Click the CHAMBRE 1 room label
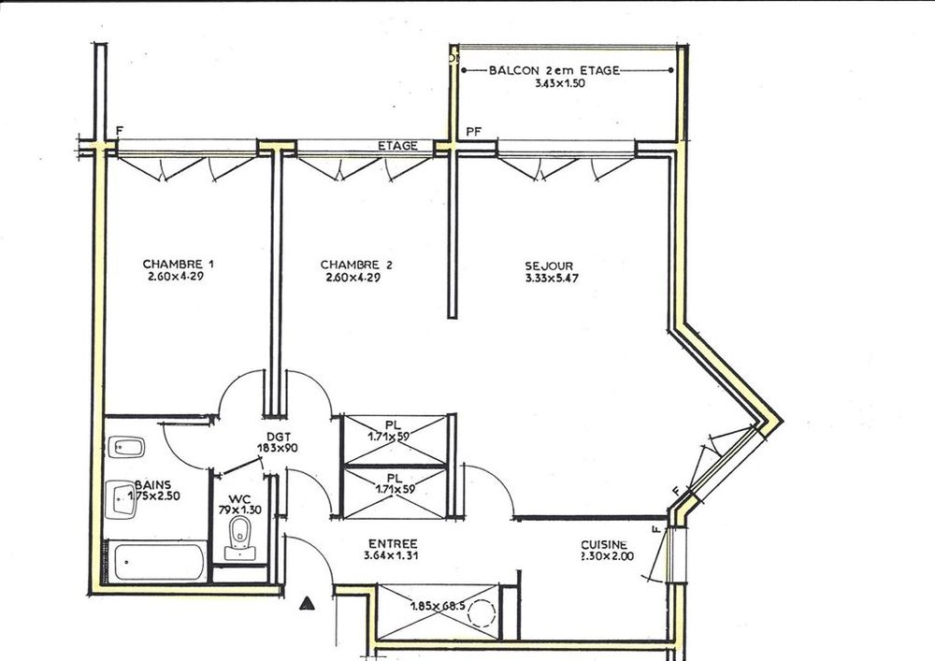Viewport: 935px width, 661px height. pos(179,264)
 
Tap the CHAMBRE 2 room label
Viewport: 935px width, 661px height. pos(356,265)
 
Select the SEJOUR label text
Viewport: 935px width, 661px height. pos(549,266)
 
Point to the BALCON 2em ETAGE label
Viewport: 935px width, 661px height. pos(554,70)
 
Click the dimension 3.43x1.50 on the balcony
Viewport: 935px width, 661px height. pos(560,83)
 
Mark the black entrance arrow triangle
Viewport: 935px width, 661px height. pos(307,604)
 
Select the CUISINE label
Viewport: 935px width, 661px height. pos(604,545)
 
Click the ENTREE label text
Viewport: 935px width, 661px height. pos(393,544)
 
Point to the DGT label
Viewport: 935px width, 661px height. pos(279,437)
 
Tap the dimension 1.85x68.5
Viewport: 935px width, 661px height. pos(439,607)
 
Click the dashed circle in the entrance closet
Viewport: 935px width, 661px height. pos(482,611)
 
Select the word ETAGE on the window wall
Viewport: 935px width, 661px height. pos(397,146)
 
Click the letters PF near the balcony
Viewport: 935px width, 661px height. pos(473,132)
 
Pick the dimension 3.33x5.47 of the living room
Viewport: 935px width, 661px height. pos(552,278)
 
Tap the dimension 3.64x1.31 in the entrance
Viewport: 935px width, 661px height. pos(391,555)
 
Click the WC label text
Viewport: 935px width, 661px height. pos(240,499)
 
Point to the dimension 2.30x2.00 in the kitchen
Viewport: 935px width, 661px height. pos(607,556)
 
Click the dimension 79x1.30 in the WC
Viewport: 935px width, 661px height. pos(240,510)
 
